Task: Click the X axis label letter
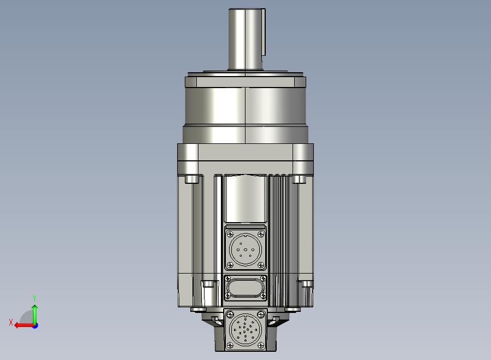tap(11, 322)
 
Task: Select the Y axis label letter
tap(34, 298)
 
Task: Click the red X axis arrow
tap(24, 326)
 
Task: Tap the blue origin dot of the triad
tap(35, 326)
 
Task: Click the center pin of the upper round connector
tap(245, 249)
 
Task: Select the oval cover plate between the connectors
tap(245, 287)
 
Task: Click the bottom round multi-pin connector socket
tap(245, 329)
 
